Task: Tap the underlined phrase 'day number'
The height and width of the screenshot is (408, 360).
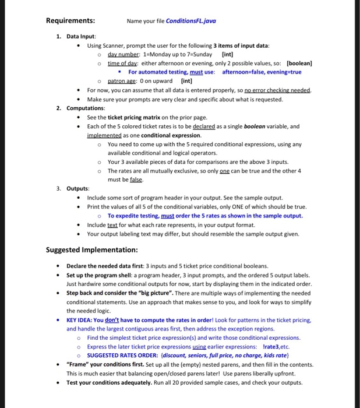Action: (x=126, y=54)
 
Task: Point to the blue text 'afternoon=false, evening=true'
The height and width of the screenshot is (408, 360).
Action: (x=263, y=72)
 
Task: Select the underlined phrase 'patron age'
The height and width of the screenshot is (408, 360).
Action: (x=126, y=82)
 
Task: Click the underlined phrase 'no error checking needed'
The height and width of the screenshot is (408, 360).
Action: (x=278, y=90)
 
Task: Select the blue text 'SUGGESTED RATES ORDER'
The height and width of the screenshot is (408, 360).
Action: (x=121, y=356)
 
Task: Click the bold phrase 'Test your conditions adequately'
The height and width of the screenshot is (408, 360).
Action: (x=107, y=382)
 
